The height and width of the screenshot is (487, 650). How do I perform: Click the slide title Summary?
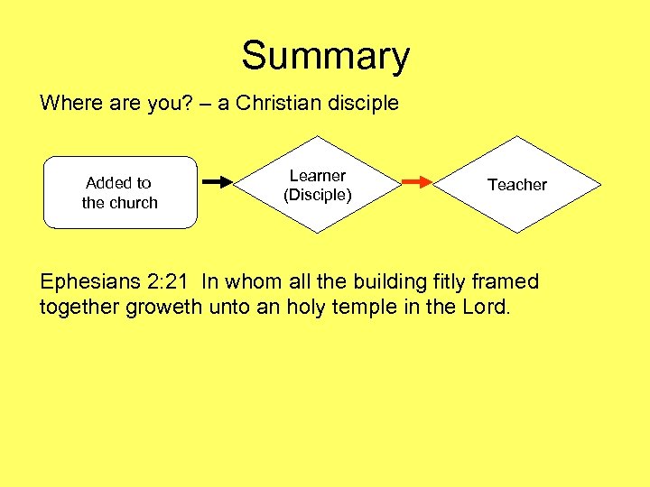(325, 56)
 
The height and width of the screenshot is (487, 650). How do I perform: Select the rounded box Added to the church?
(120, 193)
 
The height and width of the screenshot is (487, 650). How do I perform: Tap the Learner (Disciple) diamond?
(317, 185)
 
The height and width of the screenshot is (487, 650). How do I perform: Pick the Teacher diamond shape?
(517, 184)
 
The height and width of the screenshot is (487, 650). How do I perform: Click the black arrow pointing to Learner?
(217, 182)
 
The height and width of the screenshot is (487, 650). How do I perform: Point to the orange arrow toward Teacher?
(417, 182)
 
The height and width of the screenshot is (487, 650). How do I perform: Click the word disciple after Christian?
(363, 103)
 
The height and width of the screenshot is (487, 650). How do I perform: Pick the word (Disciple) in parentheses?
(317, 195)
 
